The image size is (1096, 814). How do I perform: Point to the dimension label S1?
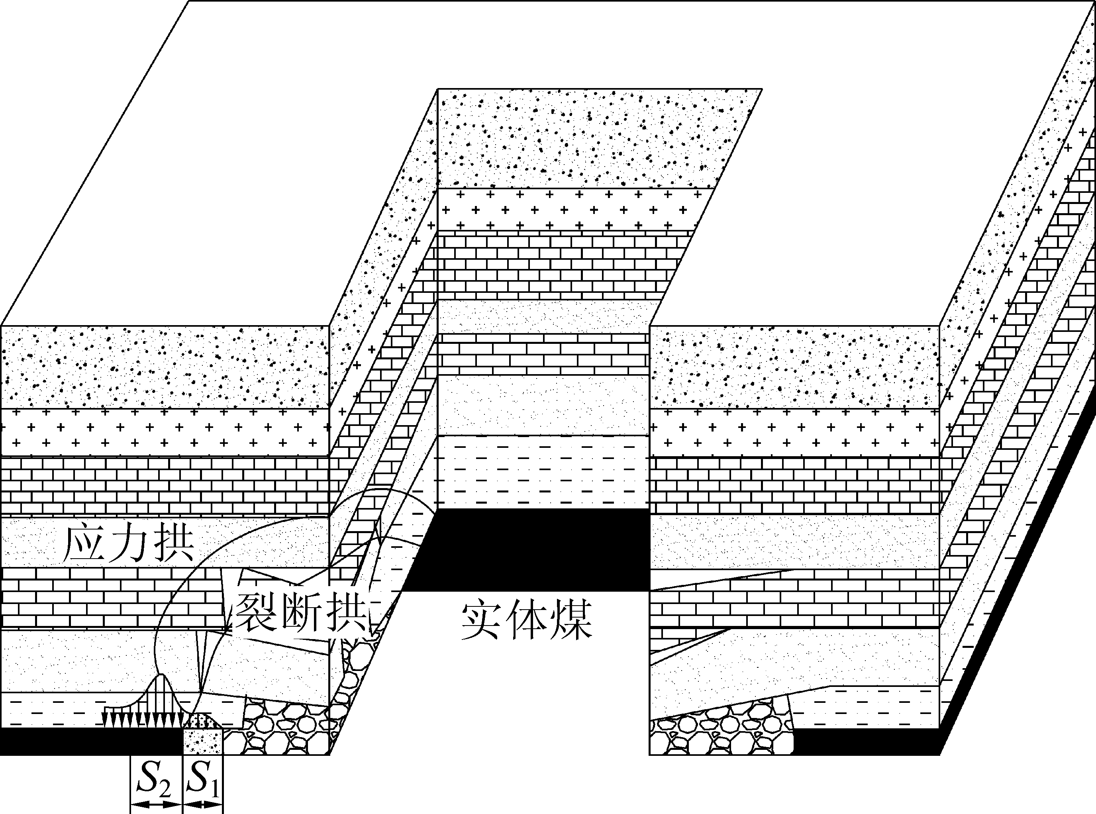[x=203, y=779]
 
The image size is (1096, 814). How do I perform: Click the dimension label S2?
[x=154, y=779]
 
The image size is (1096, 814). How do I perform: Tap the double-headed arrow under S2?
[x=156, y=804]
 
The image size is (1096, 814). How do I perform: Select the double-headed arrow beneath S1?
[x=202, y=804]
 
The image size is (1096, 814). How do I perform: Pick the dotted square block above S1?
[x=202, y=741]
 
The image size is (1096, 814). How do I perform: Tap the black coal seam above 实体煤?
[x=532, y=549]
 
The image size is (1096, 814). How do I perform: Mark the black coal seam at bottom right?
[x=867, y=742]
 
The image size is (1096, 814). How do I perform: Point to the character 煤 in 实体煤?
[x=571, y=620]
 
